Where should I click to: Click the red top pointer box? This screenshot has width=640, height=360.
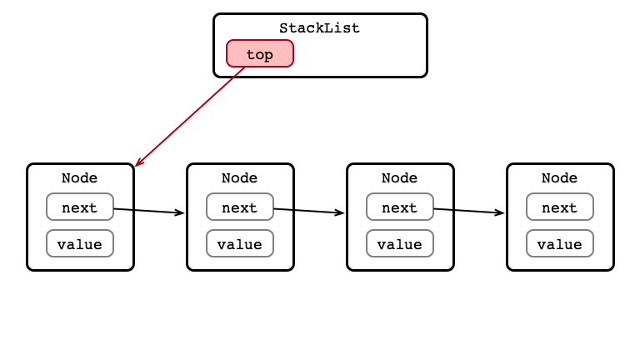[260, 53]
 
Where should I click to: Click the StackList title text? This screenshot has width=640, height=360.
[320, 28]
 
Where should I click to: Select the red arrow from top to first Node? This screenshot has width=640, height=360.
[190, 117]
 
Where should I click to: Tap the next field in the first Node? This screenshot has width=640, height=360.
[80, 207]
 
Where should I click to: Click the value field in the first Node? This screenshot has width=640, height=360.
[80, 243]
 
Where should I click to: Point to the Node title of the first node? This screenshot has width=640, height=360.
[80, 178]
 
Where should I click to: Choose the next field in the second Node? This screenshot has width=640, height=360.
[240, 207]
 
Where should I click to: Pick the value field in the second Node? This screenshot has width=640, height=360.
[240, 243]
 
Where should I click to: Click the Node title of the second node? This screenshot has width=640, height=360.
[240, 178]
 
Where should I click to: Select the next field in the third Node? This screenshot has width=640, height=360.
[400, 207]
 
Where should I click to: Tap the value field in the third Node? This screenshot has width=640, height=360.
[400, 243]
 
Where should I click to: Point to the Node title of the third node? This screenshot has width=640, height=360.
[400, 178]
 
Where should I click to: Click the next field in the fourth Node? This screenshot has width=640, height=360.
[560, 207]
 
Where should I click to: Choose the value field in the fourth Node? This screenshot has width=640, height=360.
[560, 243]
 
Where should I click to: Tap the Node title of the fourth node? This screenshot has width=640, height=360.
[560, 178]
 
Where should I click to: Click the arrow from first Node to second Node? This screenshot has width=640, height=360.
[149, 211]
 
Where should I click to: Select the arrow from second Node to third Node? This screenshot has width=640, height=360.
[309, 211]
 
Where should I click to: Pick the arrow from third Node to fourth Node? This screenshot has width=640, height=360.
[469, 211]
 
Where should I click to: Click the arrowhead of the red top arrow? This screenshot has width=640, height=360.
[139, 162]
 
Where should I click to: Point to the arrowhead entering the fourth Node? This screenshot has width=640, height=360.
[500, 212]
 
